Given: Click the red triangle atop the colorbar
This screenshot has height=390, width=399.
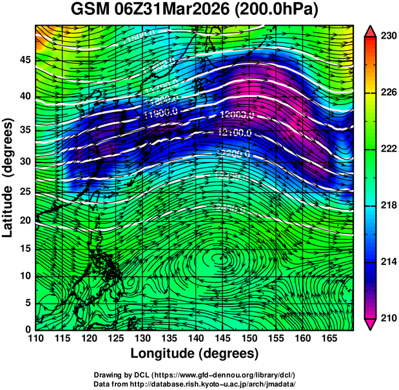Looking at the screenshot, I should (x=370, y=31).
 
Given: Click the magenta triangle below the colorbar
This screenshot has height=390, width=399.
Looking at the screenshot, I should (x=370, y=324).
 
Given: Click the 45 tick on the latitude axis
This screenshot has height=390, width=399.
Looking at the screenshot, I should (x=23, y=59).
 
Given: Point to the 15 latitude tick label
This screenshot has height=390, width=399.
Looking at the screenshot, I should (x=23, y=248).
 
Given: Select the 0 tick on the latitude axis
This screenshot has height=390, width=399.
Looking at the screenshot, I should (x=26, y=329).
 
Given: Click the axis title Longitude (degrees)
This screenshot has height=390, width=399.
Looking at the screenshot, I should (x=195, y=354).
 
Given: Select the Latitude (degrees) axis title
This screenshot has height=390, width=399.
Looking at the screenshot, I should (x=8, y=177).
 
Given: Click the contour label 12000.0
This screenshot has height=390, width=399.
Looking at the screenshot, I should (x=237, y=114).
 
